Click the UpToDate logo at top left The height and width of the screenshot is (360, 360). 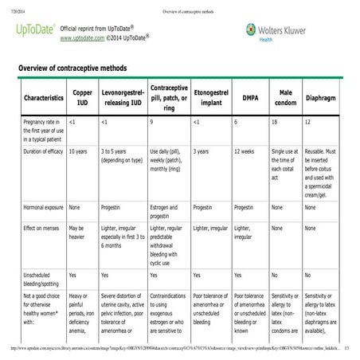(34, 33)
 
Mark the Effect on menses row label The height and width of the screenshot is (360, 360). (42, 228)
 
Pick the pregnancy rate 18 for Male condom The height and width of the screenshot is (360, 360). (276, 123)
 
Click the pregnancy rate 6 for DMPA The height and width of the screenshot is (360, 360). (236, 123)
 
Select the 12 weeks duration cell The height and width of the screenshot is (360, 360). (245, 149)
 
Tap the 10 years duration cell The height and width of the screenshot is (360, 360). (78, 149)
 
